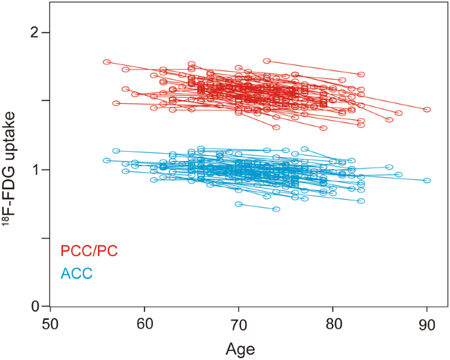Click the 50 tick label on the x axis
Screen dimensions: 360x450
[x=51, y=323]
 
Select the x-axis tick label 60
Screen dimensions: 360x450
[x=145, y=323]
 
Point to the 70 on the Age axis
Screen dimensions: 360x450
[x=238, y=323]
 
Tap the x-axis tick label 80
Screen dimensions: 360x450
[x=333, y=323]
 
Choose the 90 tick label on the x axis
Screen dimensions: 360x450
[x=427, y=323]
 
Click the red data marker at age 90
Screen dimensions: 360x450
[x=427, y=110]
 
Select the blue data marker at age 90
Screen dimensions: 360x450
[x=427, y=180]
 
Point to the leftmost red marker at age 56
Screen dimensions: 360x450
[x=107, y=62]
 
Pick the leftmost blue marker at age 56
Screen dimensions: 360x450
[x=107, y=160]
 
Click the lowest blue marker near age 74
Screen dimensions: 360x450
[x=277, y=209]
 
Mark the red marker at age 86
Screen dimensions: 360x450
[x=390, y=120]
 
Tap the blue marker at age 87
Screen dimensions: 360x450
[x=399, y=175]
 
